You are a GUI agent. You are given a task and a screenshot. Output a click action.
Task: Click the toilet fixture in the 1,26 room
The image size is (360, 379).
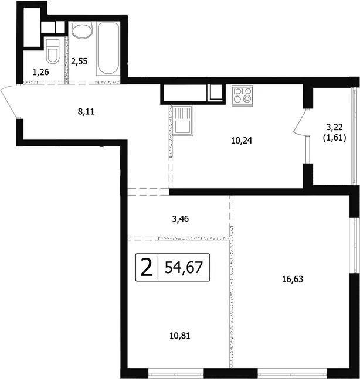pos(52,51)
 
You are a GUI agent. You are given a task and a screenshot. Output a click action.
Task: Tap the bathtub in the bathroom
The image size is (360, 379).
pos(108,49)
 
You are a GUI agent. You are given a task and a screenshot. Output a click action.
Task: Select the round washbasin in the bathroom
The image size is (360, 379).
pos(82,30)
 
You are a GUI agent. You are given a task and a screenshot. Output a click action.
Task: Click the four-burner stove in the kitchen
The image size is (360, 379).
pos(242,95)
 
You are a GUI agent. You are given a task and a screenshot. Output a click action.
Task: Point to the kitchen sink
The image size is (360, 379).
pos(183,120)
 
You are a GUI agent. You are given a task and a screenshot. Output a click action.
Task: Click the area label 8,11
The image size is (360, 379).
pos(86,112)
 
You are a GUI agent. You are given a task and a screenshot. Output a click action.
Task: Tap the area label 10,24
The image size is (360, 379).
pos(242,141)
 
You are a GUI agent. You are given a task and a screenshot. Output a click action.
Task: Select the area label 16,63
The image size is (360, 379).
pos(293,279)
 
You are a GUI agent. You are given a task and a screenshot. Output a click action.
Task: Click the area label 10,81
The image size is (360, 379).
pos(180,336)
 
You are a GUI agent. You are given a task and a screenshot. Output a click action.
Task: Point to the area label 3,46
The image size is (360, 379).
pos(181,219)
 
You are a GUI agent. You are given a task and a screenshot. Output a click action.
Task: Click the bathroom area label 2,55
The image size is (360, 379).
pos(79,62)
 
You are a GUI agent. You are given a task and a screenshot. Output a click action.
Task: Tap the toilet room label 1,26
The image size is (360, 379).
pos(40,72)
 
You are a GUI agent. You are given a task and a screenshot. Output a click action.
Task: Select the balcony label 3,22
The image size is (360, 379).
pos(335,127)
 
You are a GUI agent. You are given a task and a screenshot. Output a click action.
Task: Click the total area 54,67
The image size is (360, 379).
pos(184,267)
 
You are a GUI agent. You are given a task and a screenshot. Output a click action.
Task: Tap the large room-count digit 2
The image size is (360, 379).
pos(147,267)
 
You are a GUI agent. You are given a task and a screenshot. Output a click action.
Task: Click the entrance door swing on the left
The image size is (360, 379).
pos(9,102)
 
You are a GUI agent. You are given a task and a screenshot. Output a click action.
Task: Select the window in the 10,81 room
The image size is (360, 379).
pos(176,374)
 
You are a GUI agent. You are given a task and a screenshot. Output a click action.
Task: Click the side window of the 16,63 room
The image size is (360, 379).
pos(355,245)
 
